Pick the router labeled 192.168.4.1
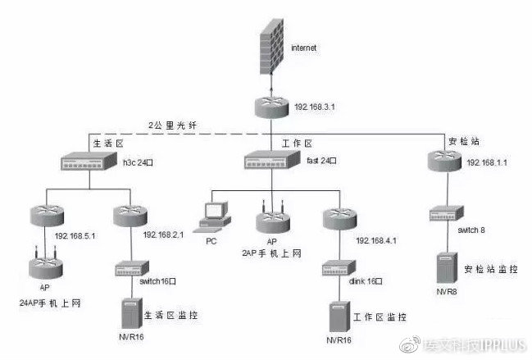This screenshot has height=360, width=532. point(337,221)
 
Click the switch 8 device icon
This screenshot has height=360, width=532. point(447,215)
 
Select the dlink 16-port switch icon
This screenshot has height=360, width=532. point(337,267)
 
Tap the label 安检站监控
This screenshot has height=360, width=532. point(489,268)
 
